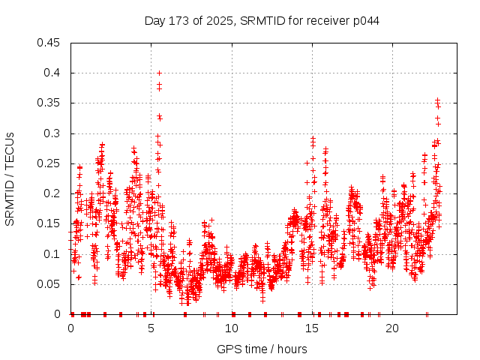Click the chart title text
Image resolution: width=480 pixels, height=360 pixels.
click(262, 20)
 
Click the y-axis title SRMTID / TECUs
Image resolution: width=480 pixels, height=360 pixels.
click(10, 178)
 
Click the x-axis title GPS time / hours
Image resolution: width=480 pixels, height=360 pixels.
click(262, 349)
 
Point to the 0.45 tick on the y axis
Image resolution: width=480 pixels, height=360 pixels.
click(49, 43)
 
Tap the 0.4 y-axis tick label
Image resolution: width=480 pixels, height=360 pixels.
click(52, 73)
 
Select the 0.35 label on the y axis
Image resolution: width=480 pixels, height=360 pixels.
click(49, 103)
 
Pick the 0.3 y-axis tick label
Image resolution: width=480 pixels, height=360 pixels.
click(52, 133)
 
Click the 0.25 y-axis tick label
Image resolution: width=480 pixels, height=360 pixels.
click(49, 163)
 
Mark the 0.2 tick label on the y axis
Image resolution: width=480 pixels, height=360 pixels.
click(52, 193)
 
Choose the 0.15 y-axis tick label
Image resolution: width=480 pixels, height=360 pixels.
click(49, 223)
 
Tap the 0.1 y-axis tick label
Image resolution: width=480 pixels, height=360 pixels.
click(52, 254)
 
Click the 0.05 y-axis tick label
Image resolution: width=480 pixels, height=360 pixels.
click(49, 284)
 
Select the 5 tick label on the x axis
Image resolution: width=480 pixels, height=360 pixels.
click(151, 329)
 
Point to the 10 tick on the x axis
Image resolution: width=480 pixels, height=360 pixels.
click(232, 329)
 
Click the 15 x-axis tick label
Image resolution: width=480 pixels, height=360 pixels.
click(313, 329)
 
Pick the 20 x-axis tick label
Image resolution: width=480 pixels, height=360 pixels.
click(393, 329)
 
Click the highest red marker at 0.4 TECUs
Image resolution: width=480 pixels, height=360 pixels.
click(159, 73)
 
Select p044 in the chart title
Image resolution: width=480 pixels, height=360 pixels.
click(366, 20)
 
